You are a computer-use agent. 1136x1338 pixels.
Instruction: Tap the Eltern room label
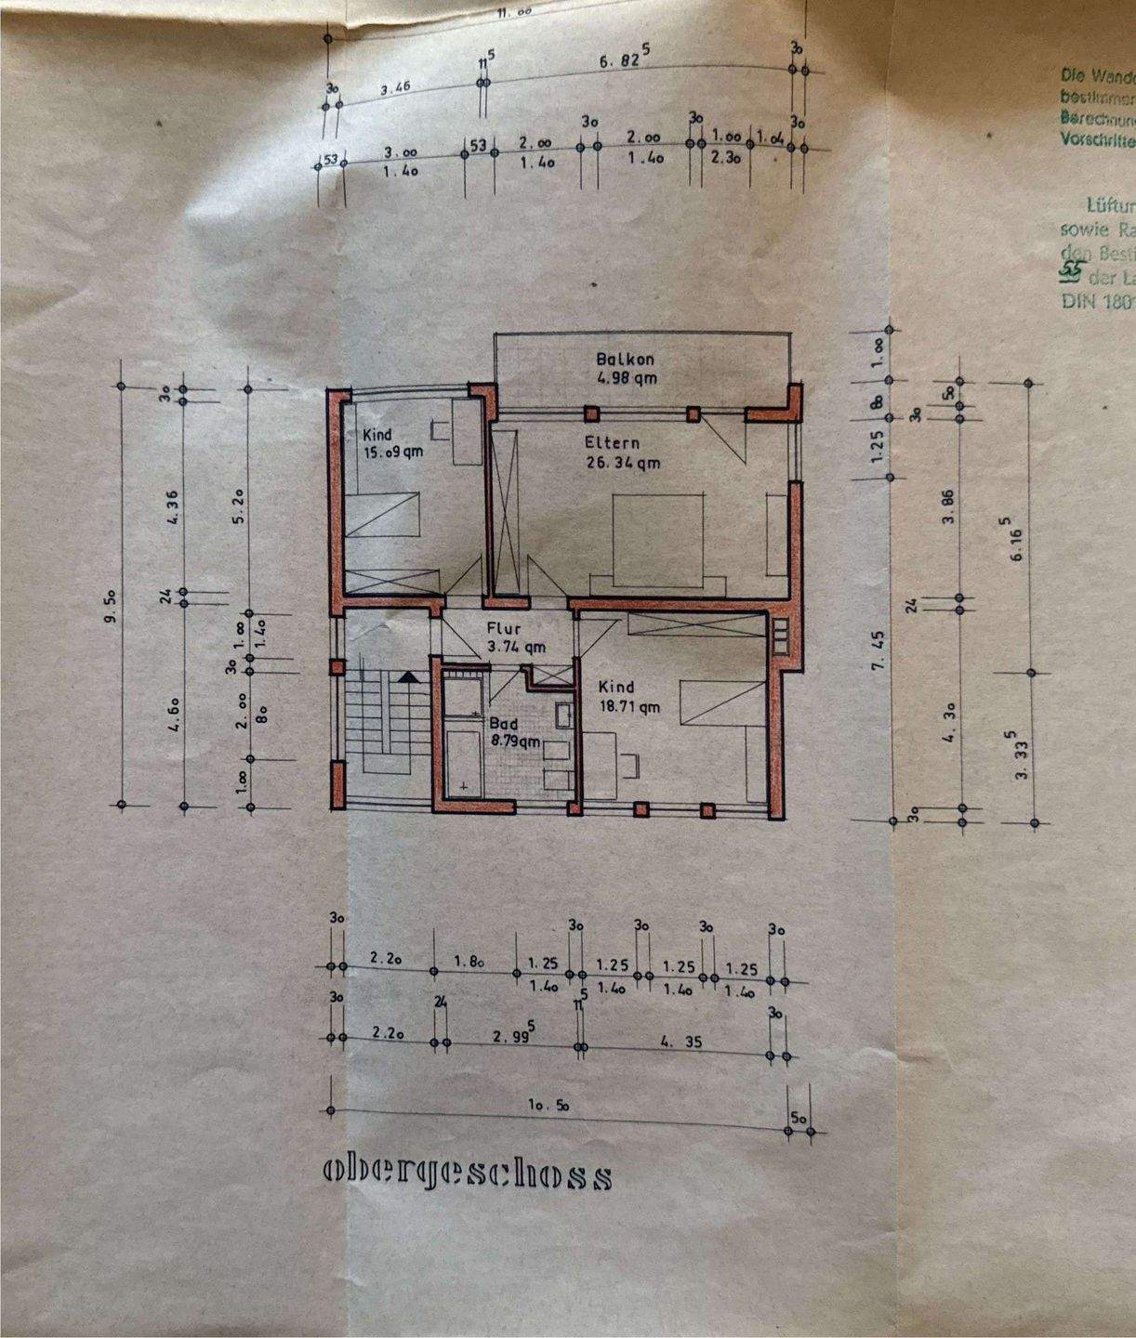tap(612, 443)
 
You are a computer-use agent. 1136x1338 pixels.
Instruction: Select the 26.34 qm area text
tap(622, 462)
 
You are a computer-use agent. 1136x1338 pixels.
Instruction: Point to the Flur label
tap(504, 628)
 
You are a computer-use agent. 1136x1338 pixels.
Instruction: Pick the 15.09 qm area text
tap(393, 453)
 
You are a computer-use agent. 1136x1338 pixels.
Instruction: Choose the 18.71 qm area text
tap(628, 706)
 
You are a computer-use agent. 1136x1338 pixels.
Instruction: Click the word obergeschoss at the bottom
tap(468, 1174)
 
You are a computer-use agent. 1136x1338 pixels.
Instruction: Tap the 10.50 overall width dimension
tap(548, 1106)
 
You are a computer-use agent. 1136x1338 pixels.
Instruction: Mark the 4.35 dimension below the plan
tap(680, 1042)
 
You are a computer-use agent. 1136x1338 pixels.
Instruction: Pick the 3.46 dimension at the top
tap(396, 90)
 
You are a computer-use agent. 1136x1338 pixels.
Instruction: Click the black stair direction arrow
tap(405, 677)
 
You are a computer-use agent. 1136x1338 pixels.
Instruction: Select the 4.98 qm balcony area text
tap(627, 377)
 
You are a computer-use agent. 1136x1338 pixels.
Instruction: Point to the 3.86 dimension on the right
tap(948, 505)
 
